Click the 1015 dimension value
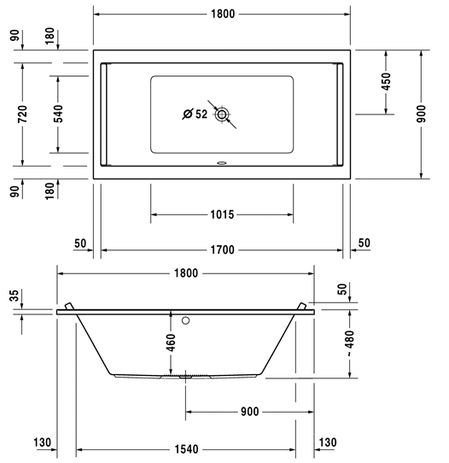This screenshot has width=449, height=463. tap(222, 214)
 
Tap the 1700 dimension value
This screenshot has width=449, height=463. tap(223, 250)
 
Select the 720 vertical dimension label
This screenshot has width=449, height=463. tap(22, 114)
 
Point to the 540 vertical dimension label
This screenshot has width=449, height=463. tap(58, 114)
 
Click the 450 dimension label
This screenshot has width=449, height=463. tap(386, 81)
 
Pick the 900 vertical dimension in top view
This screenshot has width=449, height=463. tap(422, 114)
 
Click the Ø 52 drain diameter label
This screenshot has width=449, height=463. tap(195, 114)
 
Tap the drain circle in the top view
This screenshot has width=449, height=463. tap(222, 114)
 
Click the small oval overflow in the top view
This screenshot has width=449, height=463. tap(221, 162)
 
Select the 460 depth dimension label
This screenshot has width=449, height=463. tap(171, 343)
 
